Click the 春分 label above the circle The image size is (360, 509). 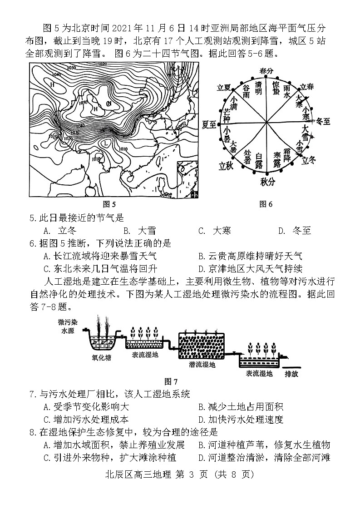point(266,71)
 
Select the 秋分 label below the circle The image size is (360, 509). point(267,182)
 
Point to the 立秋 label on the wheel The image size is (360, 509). point(226,166)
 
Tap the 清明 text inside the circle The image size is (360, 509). point(258,88)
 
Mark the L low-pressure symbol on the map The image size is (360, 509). point(106,143)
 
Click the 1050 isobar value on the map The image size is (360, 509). point(83,103)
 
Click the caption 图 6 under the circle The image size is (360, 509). point(266,204)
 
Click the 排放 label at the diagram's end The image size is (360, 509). point(291,374)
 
